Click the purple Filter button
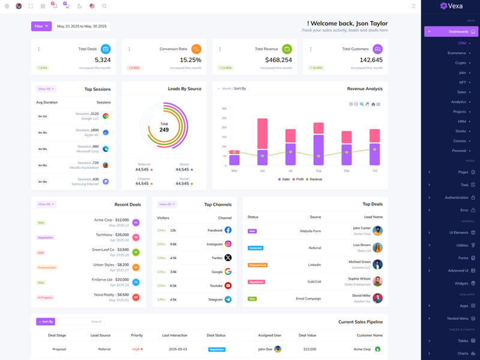[41, 26]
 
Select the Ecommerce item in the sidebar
[457, 53]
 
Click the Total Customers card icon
[377, 49]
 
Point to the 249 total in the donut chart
[164, 130]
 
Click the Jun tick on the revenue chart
[262, 171]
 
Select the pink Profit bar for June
[262, 133]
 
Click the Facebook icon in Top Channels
[228, 230]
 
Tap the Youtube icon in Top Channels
[228, 286]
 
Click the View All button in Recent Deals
[46, 204]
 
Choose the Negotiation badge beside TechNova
[46, 237]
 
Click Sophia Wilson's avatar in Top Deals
[377, 281]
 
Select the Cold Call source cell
[314, 281]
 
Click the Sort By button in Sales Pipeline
[45, 322]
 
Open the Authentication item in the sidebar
[457, 197]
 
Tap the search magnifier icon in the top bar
[104, 6]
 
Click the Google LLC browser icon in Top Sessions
[106, 116]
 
